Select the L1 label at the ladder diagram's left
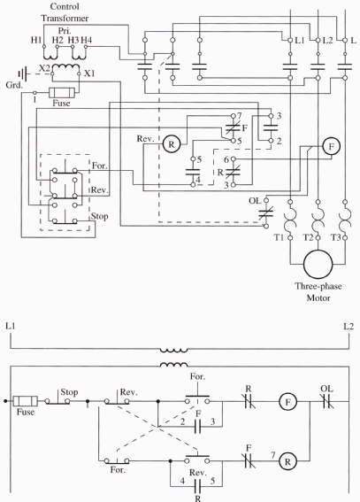point(10,327)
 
